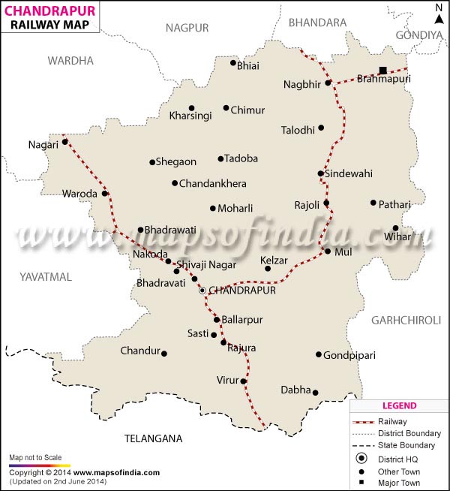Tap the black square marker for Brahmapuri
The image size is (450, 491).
click(383, 71)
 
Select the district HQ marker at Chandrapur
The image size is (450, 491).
click(201, 290)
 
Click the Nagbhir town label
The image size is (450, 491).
click(302, 83)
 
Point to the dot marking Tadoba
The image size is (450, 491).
click(220, 158)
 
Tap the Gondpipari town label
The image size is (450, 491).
click(349, 355)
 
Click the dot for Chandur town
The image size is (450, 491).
click(164, 354)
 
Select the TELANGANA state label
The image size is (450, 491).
click(153, 438)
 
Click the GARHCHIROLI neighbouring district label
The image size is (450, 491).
click(406, 320)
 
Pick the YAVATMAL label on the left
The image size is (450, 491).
click(46, 277)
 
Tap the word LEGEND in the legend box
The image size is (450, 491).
click(399, 406)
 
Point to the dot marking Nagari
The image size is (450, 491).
click(64, 141)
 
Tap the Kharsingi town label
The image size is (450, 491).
click(190, 116)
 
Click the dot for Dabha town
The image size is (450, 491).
click(315, 392)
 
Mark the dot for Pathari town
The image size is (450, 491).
click(373, 203)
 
